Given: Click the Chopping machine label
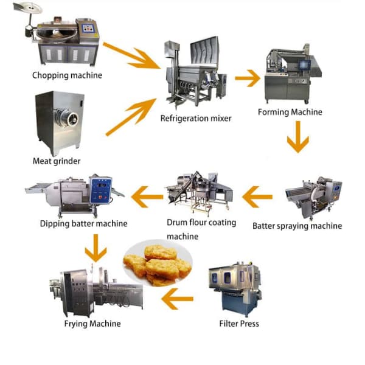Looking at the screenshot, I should pos(68,75).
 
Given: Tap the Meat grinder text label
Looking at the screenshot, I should pos(57,161).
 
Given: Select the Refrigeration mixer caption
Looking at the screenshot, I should pos(196,119).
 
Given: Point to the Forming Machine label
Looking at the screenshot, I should pos(290,112).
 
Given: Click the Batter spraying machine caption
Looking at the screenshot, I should pos(297,226).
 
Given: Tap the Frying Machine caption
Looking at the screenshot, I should pos(92,324).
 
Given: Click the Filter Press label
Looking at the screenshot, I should pos(239,324).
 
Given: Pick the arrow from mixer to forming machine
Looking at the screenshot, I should pos(247,77).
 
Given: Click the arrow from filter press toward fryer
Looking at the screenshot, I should pos(178,298).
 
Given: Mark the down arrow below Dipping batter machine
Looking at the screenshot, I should pos(96,247).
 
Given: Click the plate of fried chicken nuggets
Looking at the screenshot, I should pos(156,263).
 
